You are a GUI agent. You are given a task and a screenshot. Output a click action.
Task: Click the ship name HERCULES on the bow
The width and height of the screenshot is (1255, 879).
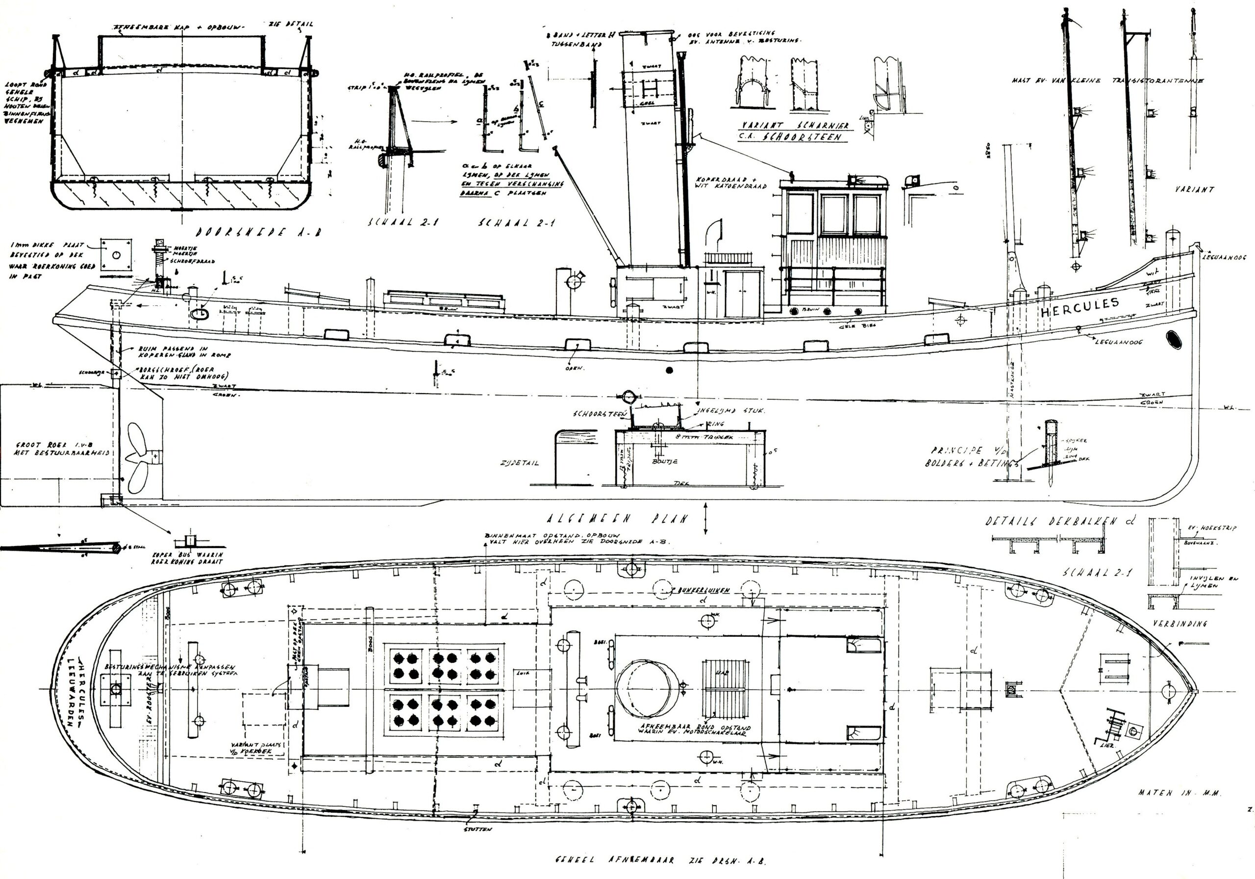coord(1079,307)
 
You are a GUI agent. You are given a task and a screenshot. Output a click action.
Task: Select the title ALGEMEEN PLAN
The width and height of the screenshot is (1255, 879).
coord(618,519)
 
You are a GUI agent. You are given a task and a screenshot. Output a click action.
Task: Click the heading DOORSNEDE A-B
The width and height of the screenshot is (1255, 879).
coord(258,232)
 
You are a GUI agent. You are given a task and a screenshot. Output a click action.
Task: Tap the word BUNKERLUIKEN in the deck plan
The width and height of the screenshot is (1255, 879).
coord(703,591)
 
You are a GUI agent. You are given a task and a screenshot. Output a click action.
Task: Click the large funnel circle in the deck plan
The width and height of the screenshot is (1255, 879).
coord(643,687)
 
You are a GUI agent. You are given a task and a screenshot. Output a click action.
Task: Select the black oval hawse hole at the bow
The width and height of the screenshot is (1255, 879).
coord(1173,339)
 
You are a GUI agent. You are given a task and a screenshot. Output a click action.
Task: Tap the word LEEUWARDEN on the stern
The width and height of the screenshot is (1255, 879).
coord(71,692)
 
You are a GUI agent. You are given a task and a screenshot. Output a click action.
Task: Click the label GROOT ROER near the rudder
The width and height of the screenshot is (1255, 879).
coord(41,445)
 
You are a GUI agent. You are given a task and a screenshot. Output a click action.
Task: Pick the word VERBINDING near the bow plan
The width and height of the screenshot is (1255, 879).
coord(1180,624)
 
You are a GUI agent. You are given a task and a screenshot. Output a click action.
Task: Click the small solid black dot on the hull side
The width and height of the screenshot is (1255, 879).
coord(669,370)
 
